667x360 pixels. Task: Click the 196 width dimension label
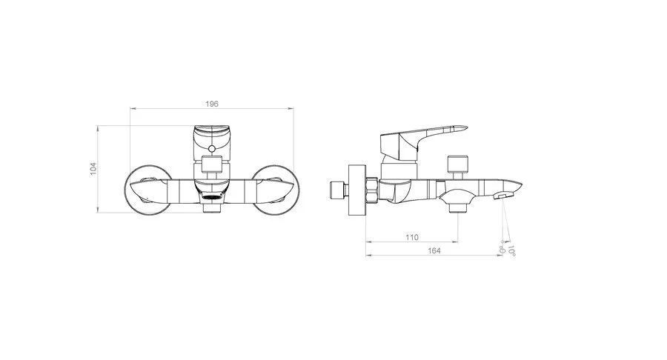pyautogui.click(x=212, y=104)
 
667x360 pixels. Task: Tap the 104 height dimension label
pyautogui.click(x=93, y=169)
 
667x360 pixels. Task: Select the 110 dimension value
pyautogui.click(x=412, y=237)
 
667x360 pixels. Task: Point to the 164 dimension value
pyautogui.click(x=434, y=251)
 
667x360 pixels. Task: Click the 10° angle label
pyautogui.click(x=511, y=251)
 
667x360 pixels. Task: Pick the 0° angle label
pyautogui.click(x=502, y=250)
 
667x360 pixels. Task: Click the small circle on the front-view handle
pyautogui.click(x=211, y=148)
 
